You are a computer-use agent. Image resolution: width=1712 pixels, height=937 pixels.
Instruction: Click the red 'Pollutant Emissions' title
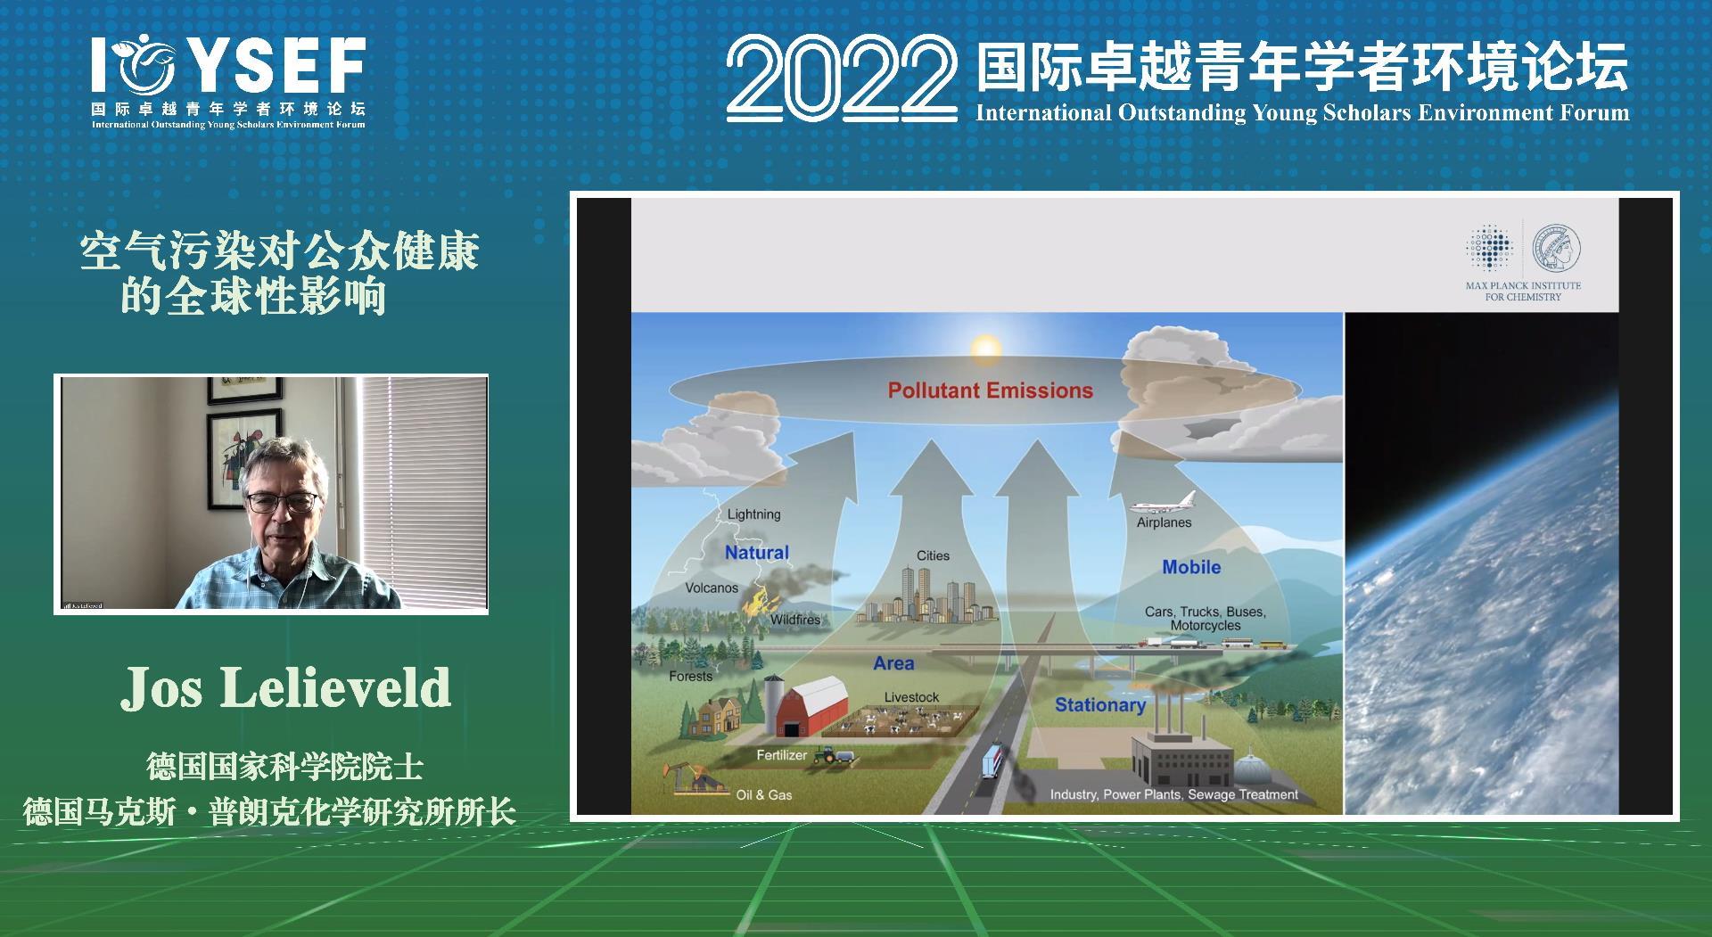click(990, 390)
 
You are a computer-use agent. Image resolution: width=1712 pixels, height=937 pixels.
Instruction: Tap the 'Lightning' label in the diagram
click(753, 514)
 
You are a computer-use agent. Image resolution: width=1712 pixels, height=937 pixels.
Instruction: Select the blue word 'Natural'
click(756, 553)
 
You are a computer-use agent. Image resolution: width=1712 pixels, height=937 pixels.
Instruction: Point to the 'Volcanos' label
click(712, 588)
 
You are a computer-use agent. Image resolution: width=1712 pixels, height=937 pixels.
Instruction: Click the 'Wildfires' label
click(794, 620)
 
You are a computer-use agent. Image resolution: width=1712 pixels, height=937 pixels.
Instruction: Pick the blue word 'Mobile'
click(1191, 567)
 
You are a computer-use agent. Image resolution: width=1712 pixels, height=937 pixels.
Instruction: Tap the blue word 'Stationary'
click(1099, 705)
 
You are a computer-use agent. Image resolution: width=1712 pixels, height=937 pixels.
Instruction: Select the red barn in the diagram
click(811, 709)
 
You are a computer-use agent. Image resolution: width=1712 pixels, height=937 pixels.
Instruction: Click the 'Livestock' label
click(911, 697)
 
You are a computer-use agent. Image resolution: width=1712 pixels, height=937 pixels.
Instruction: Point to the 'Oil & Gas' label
click(763, 795)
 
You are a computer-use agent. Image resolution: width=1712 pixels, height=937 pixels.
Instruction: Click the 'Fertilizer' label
click(781, 755)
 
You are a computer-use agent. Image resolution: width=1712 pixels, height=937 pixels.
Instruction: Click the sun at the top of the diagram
click(985, 347)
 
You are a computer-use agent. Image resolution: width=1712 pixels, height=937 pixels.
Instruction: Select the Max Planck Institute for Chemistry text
click(1523, 292)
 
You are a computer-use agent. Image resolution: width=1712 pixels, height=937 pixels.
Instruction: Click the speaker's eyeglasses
click(281, 502)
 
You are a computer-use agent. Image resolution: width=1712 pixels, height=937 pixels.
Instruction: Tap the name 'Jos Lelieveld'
click(285, 688)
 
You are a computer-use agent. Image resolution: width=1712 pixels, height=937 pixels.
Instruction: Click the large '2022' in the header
click(841, 79)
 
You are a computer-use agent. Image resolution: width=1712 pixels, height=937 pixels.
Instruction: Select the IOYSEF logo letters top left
click(228, 65)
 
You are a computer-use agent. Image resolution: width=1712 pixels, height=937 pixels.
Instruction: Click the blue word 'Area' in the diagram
click(893, 663)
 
